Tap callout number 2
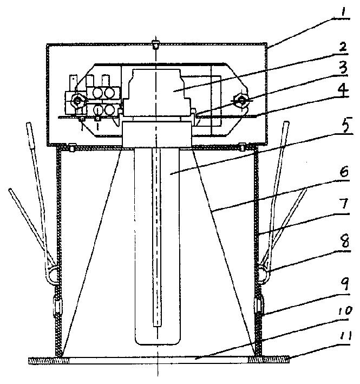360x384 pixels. pos(343,46)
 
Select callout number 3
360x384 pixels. pos(344,67)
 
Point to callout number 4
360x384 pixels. pos(343,89)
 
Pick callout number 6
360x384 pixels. pos(344,172)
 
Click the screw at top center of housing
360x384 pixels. pos(155,45)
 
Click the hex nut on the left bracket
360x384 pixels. pos(77,100)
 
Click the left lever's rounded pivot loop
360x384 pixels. pos(52,276)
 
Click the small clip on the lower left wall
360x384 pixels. pos(58,306)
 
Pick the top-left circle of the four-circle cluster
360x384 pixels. pos(97,93)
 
